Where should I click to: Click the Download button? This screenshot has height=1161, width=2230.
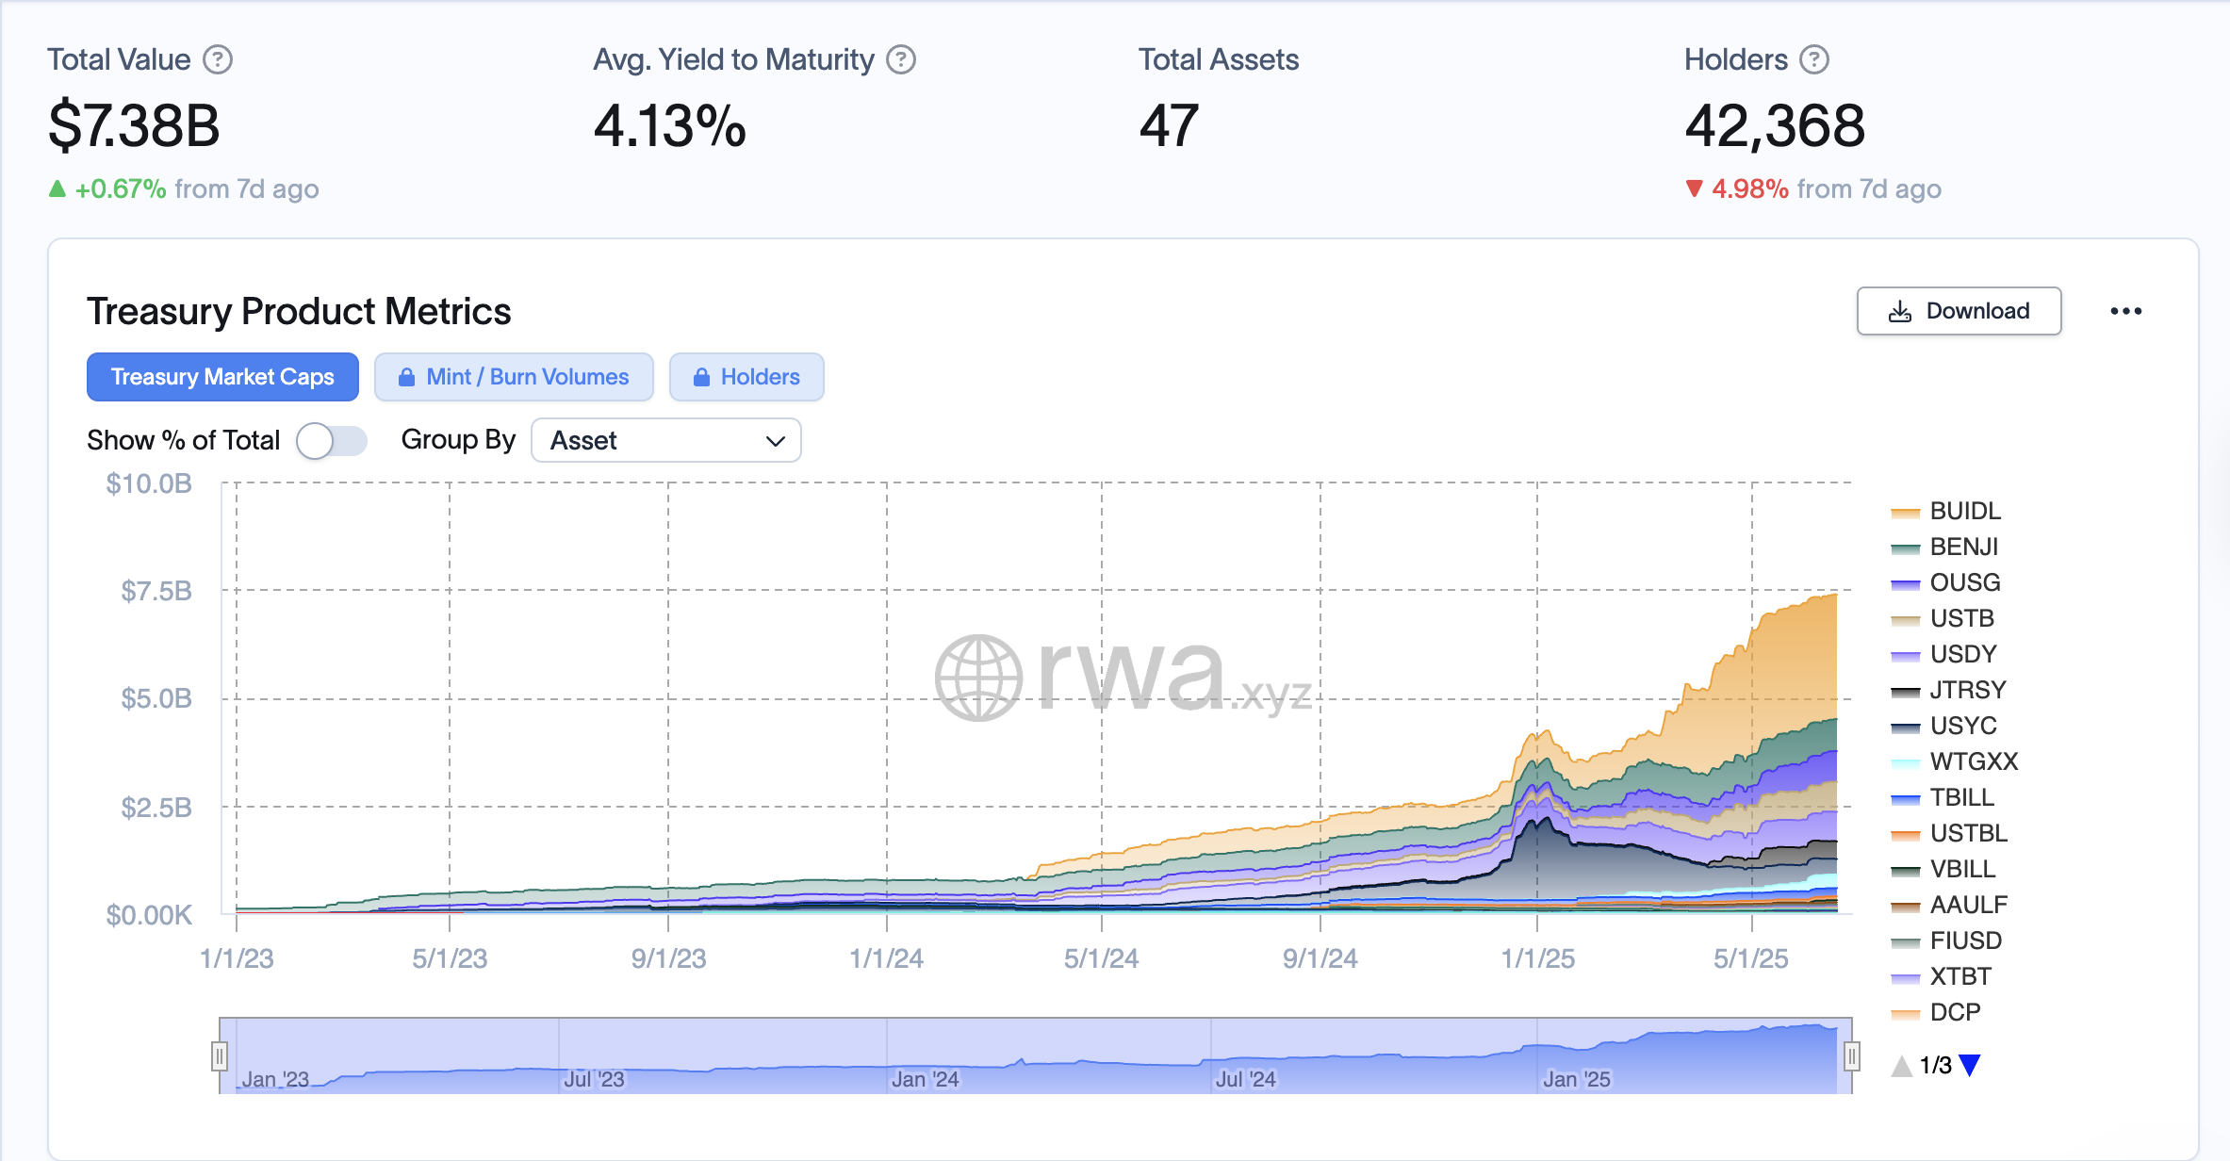(1959, 311)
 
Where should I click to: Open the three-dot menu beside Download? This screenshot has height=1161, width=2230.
(2125, 311)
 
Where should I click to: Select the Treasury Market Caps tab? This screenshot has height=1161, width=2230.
(222, 377)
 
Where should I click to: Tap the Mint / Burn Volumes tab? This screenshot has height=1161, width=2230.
(514, 377)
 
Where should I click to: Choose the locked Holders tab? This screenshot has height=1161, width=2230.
(746, 377)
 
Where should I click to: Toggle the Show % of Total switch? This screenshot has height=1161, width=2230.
(331, 440)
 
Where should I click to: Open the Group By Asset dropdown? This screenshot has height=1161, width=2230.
(666, 440)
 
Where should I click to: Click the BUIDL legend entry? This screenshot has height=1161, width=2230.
(1964, 511)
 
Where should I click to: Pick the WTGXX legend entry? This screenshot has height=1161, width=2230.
(1973, 761)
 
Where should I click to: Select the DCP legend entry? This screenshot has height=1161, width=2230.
(1955, 1012)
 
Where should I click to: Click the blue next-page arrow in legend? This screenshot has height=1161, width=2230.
(1970, 1065)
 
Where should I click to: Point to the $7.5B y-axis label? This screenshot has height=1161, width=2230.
(156, 591)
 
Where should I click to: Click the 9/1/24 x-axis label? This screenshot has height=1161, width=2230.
(1320, 958)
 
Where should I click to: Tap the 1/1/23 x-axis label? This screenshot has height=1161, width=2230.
(237, 958)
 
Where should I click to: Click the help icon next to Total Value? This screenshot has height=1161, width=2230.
(219, 59)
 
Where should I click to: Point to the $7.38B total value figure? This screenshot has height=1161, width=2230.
(134, 125)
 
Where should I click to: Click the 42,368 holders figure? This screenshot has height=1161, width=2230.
(1774, 125)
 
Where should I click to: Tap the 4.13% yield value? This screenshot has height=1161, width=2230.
(669, 125)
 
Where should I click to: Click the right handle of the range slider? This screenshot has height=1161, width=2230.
(1851, 1056)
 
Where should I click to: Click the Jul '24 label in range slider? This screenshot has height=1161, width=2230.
(1245, 1079)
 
